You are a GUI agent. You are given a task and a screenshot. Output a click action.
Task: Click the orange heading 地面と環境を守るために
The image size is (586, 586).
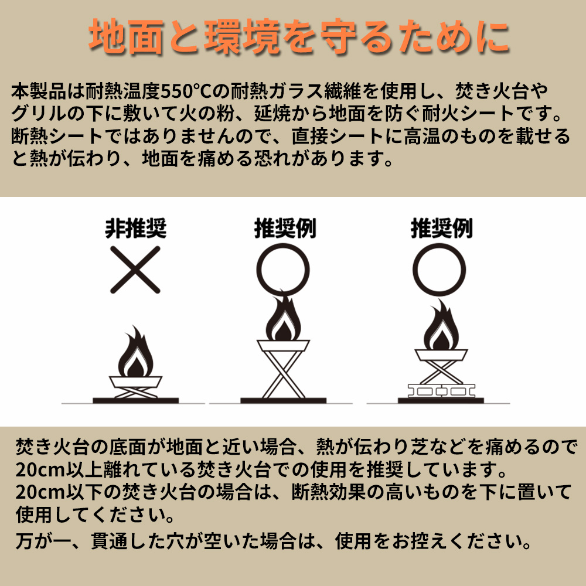299,36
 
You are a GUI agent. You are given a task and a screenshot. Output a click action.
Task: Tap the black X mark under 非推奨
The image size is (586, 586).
135,270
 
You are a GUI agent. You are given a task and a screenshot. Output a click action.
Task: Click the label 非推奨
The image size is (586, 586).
136,228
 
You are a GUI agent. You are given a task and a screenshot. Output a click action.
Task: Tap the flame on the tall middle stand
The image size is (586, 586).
283,317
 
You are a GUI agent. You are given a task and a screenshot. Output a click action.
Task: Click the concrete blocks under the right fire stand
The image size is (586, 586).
441,391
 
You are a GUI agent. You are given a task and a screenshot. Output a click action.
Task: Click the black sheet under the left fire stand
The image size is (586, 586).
136,401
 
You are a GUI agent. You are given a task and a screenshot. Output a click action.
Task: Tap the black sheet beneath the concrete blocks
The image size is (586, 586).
441,401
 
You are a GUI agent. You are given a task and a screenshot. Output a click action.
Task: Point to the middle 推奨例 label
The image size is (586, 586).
285,228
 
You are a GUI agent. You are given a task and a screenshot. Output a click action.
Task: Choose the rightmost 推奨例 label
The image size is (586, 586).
442,228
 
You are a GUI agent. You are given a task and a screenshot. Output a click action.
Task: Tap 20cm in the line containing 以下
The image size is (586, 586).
40,492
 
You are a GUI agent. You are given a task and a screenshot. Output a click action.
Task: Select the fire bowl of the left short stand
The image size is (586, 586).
136,381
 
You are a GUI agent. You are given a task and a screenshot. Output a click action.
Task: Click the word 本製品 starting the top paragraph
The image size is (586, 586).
39,91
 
